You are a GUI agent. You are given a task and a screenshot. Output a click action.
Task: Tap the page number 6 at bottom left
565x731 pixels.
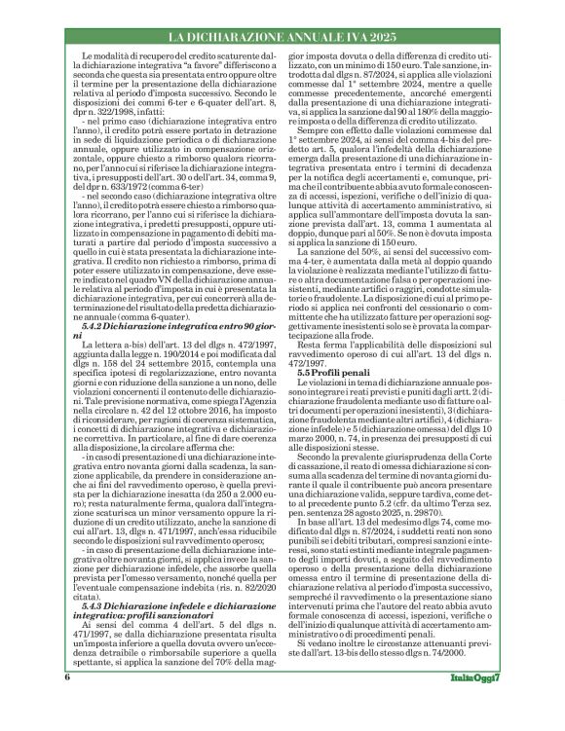point(68,704)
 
